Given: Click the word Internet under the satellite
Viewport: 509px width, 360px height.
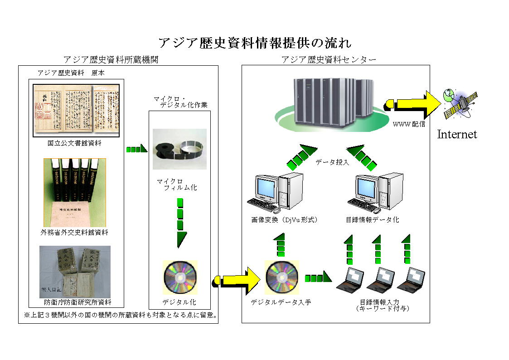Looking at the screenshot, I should pyautogui.click(x=457, y=134).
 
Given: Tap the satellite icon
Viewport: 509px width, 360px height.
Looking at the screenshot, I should pyautogui.click(x=461, y=103).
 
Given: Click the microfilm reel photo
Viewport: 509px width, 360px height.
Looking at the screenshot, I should pyautogui.click(x=179, y=149).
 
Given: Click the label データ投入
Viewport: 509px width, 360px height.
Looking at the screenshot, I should pyautogui.click(x=332, y=162).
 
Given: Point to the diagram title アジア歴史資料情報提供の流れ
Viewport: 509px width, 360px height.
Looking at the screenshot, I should pyautogui.click(x=255, y=43).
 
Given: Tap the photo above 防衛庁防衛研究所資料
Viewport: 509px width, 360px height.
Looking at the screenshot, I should pyautogui.click(x=75, y=272).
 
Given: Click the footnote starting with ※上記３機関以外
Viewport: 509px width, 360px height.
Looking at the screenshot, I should pyautogui.click(x=120, y=314).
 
